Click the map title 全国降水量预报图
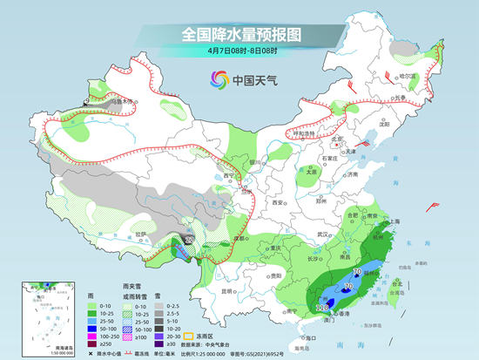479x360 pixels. [x=239, y=34]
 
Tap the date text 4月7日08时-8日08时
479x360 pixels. [x=239, y=51]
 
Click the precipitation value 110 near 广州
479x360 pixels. [x=321, y=308]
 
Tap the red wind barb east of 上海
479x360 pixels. [x=433, y=206]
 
